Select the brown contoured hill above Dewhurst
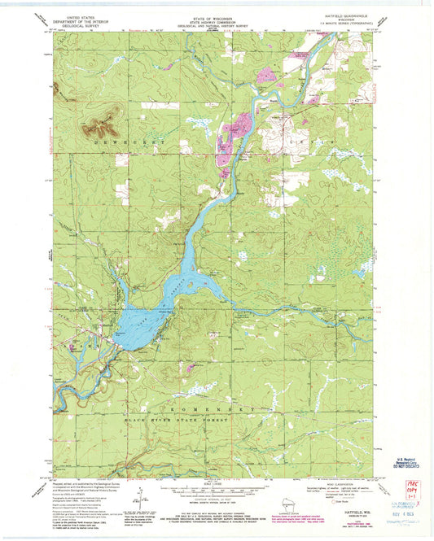(100, 124)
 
